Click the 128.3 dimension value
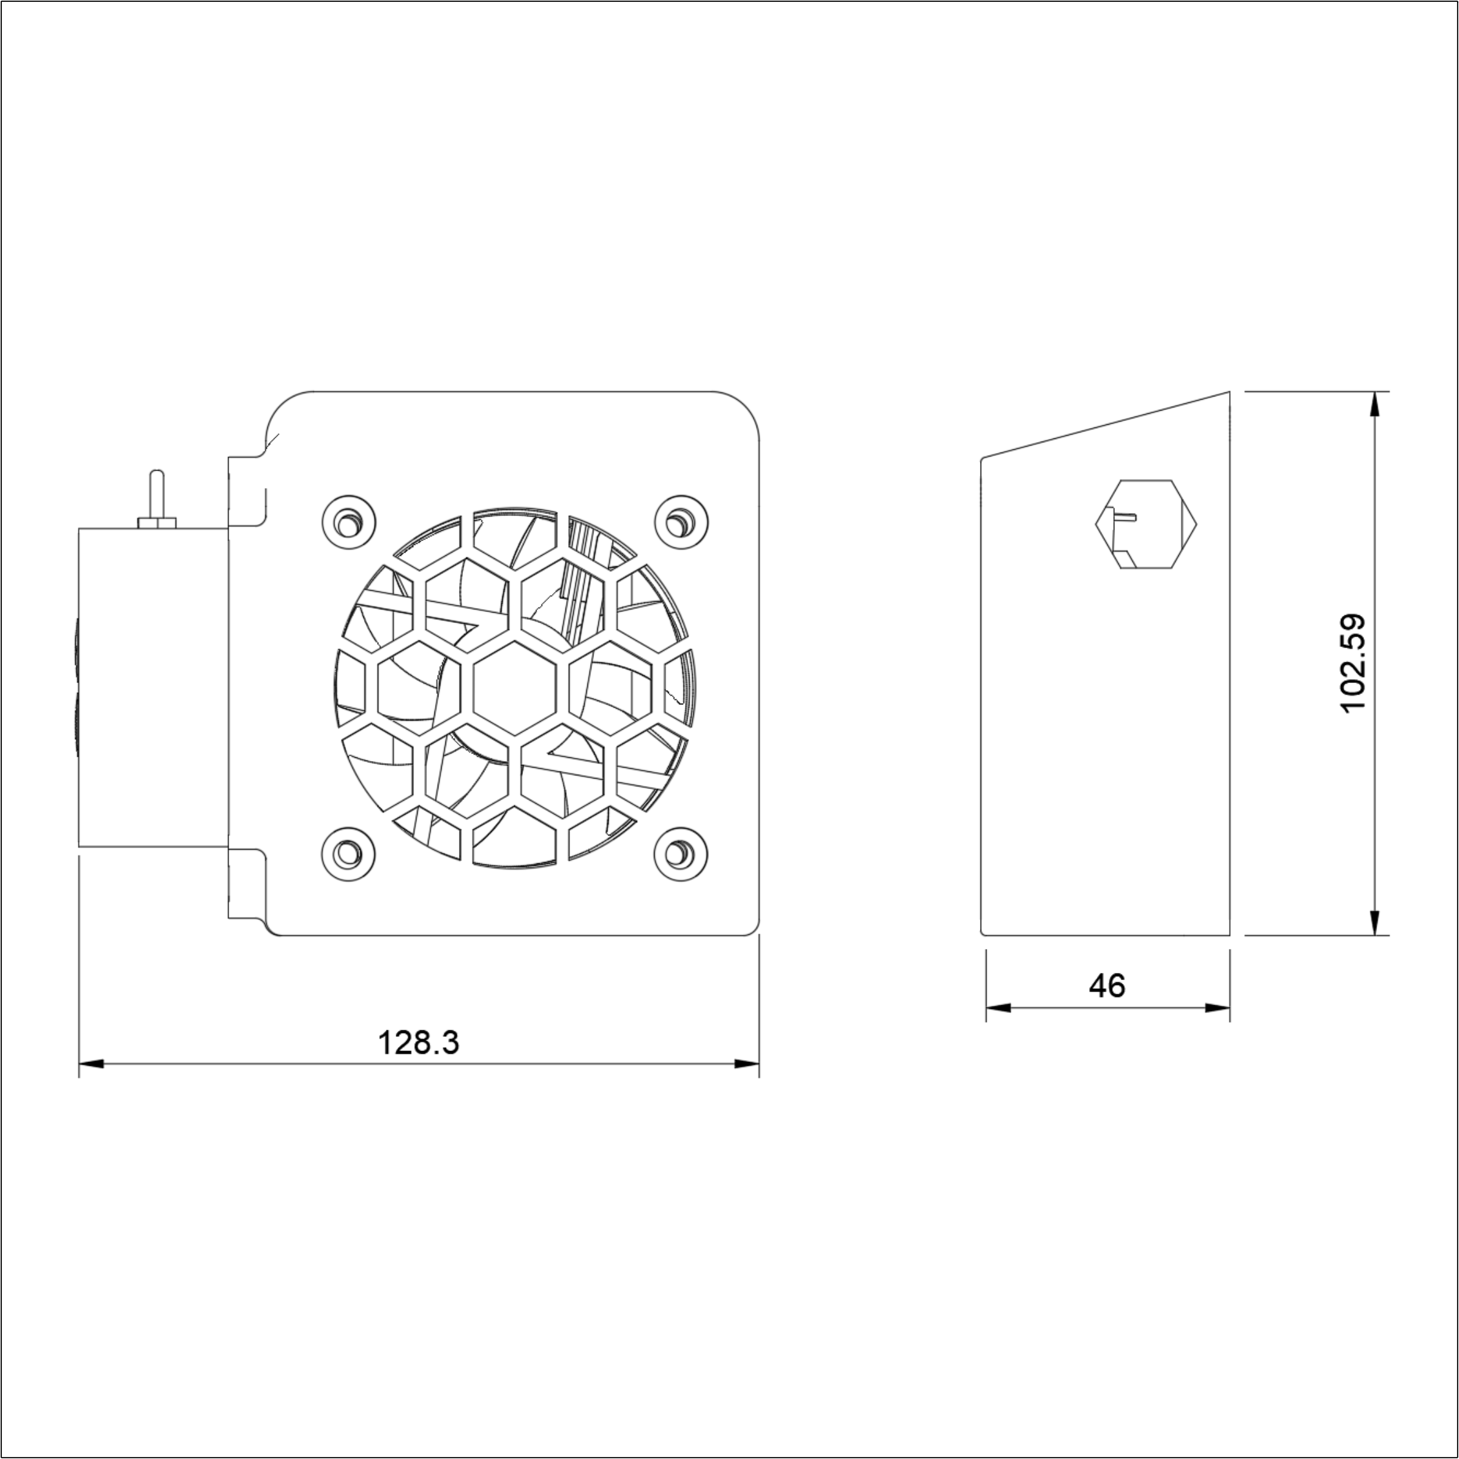418,1043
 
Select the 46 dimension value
1107,986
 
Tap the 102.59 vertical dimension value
1354,662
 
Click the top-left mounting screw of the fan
348,522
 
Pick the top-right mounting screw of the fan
680,522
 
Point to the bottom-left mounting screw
348,853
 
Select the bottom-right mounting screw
680,853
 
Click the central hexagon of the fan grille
515,686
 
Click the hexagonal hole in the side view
1146,524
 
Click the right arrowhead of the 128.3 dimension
748,1064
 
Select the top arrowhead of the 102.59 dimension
1374,404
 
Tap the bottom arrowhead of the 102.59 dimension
1374,923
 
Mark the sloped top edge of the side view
1107,424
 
